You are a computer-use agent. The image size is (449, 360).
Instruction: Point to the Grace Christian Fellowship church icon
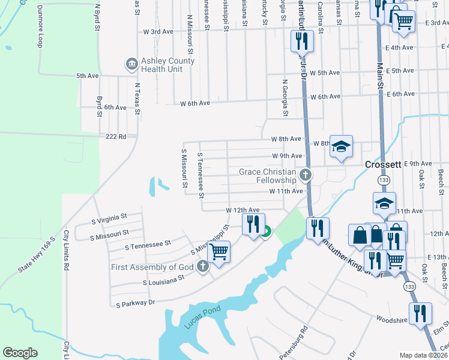[x=306, y=175]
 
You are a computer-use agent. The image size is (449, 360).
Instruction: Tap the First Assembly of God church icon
[x=203, y=266]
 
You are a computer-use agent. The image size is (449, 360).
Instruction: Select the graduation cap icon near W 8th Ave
[x=341, y=146]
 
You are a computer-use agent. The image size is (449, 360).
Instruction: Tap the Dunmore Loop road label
[x=40, y=27]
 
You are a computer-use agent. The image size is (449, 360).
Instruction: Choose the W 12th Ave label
[x=243, y=211]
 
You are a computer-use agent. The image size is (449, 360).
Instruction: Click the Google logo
[x=20, y=353]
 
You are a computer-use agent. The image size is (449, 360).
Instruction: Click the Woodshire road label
[x=391, y=320]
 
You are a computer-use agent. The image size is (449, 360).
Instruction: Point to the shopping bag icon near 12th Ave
[x=360, y=235]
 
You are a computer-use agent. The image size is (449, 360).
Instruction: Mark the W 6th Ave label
[x=196, y=103]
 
